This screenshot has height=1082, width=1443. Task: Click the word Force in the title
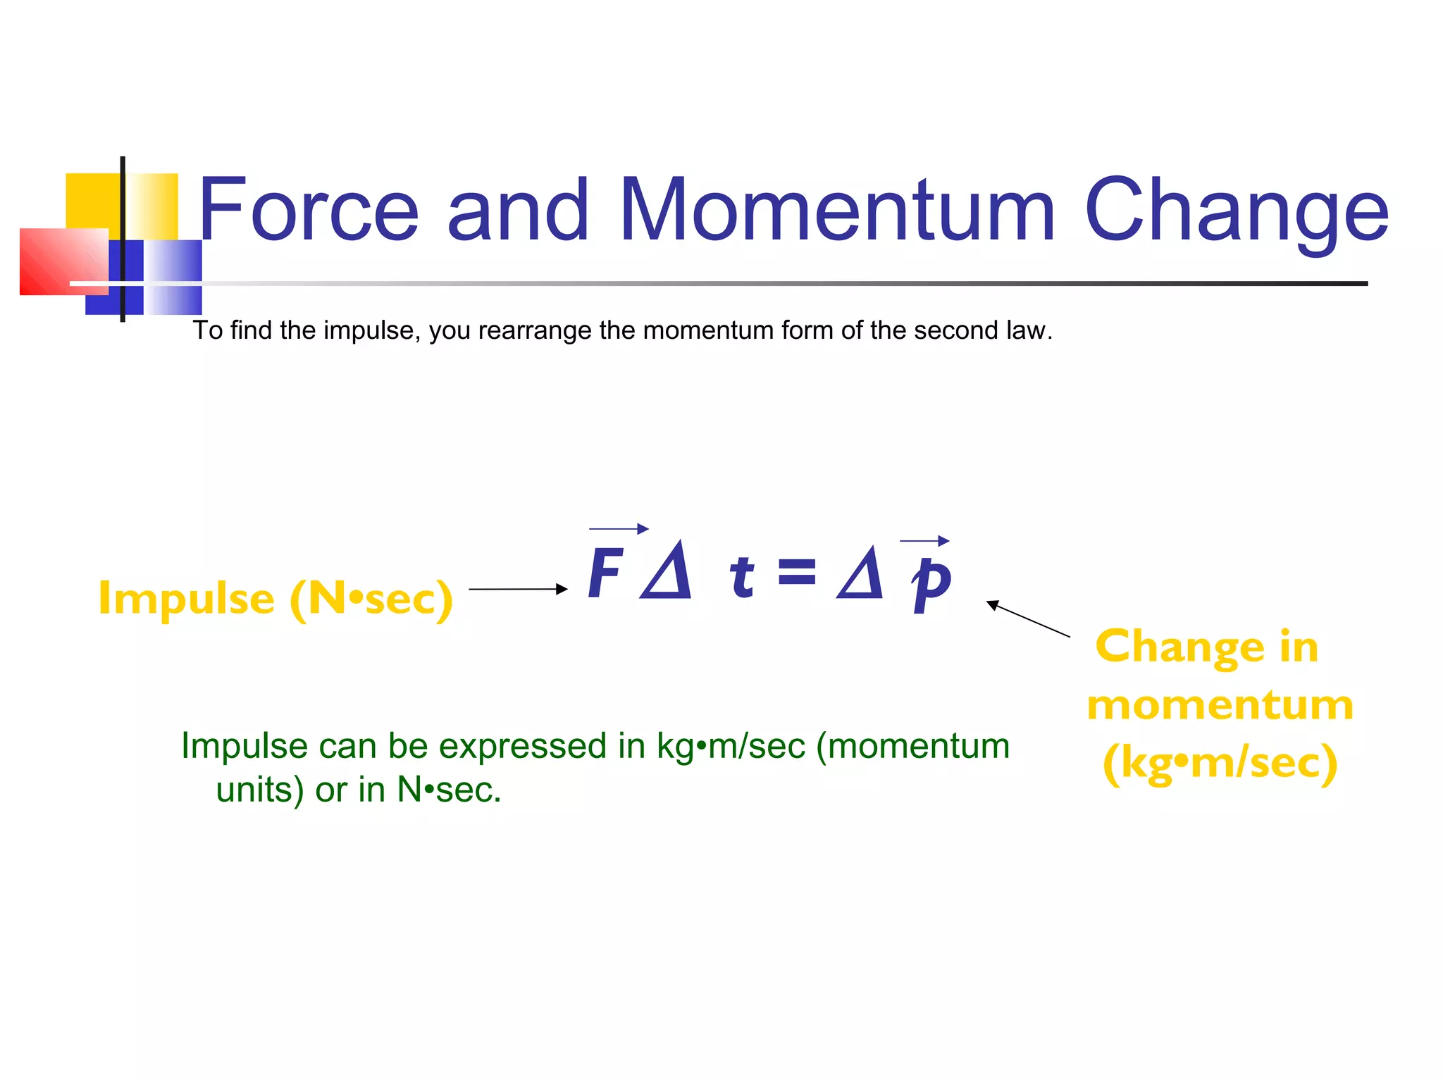coord(309,209)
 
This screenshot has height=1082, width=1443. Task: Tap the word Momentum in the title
coord(836,209)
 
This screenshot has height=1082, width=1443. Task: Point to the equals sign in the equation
coord(797,572)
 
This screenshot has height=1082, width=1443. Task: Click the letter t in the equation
coord(741,576)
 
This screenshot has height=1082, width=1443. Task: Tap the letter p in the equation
coord(931,582)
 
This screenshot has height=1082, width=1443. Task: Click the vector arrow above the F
coord(619,528)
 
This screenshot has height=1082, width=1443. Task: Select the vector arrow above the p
coord(924,541)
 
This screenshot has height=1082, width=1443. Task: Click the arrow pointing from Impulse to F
coord(518,589)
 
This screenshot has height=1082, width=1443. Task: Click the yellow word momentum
coord(1220,705)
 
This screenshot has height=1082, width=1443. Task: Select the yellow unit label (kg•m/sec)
coord(1220,763)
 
